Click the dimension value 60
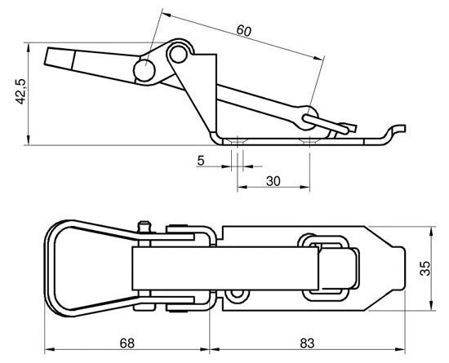tap(244, 31)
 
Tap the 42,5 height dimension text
tap(20, 91)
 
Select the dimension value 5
tap(201, 161)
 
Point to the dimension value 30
tap(273, 181)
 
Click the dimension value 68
tap(127, 343)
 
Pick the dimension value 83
tap(307, 343)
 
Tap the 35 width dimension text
tap(425, 268)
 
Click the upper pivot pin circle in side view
tap(178, 54)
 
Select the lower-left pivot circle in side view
tap(144, 70)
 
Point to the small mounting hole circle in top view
tap(237, 294)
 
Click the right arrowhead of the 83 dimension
tap(400, 349)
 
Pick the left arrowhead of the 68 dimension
tap(50, 349)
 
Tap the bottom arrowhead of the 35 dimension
tap(433, 306)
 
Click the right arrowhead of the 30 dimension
tap(305, 187)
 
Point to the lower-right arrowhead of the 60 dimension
tap(318, 58)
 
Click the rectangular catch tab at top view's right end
tap(398, 268)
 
